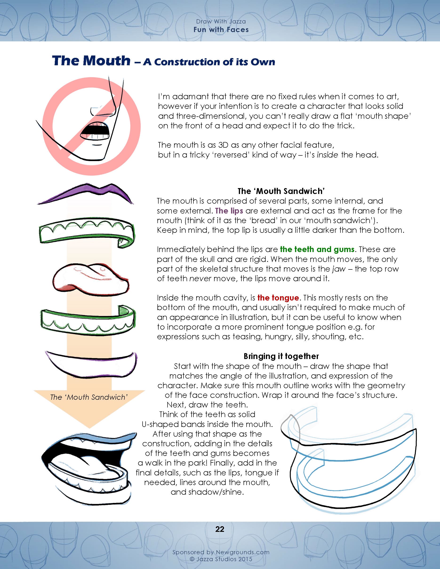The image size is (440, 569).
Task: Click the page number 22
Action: pyautogui.click(x=220, y=529)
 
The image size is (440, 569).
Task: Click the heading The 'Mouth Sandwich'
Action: pyautogui.click(x=281, y=191)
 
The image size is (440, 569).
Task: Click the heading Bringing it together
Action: pyautogui.click(x=281, y=356)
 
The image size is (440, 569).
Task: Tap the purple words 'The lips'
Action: pyautogui.click(x=229, y=211)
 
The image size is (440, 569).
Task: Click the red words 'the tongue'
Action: pyautogui.click(x=278, y=298)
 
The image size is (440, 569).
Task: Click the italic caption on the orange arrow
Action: pyautogui.click(x=89, y=397)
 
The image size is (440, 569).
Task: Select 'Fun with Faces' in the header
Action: pyautogui.click(x=221, y=30)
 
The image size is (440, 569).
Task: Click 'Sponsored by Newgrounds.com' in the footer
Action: pyautogui.click(x=221, y=552)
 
